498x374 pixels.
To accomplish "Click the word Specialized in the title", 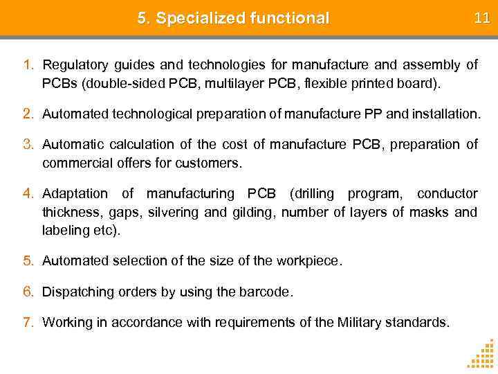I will click(199, 19).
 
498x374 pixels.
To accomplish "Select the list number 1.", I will click(28, 65).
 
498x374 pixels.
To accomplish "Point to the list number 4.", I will click(28, 193).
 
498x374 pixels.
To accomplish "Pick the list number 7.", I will click(28, 322).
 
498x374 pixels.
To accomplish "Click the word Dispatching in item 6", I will click(77, 292).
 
